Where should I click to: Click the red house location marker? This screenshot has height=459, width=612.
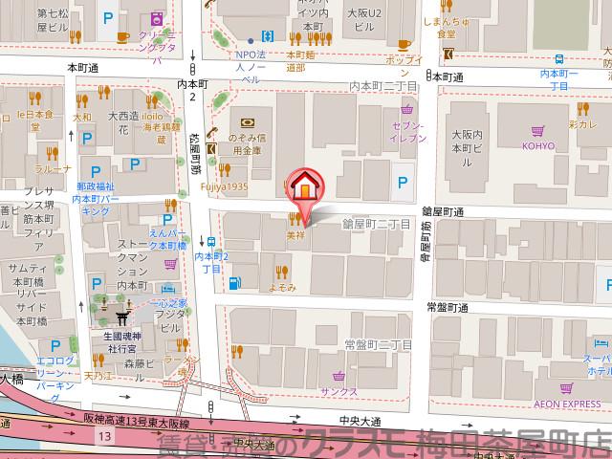tap(304, 186)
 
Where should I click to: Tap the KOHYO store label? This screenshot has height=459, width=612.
tap(538, 146)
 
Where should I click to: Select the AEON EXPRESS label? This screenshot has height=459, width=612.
tap(568, 404)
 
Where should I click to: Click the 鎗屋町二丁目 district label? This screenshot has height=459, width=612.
tap(377, 223)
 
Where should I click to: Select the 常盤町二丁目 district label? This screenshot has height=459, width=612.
tap(377, 343)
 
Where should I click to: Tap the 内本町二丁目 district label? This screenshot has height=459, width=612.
tap(382, 87)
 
